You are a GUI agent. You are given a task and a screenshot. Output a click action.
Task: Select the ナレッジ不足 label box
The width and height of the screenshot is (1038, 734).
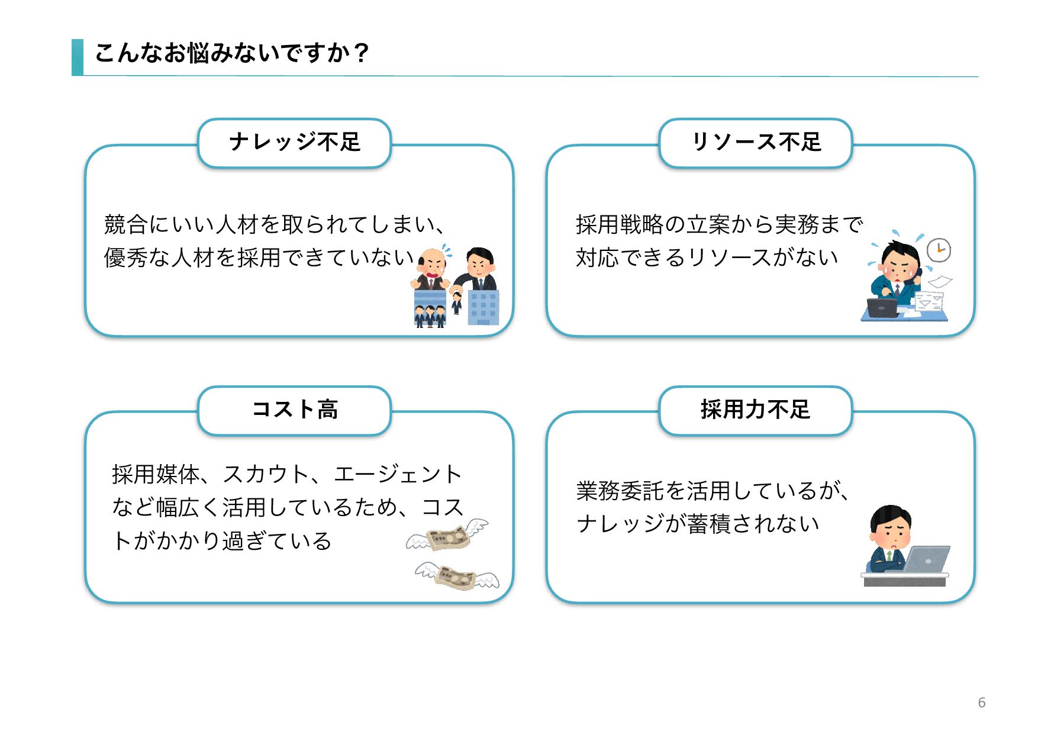click(294, 143)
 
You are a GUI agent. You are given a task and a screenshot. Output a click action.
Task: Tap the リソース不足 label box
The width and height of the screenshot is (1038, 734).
click(756, 143)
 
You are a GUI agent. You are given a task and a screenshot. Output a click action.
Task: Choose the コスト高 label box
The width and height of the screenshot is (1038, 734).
click(294, 410)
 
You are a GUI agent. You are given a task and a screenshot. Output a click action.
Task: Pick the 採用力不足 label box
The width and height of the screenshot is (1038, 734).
click(756, 410)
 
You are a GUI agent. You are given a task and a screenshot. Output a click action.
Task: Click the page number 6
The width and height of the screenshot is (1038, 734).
click(981, 703)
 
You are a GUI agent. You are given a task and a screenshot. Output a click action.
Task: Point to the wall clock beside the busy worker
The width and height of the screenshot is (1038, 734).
click(939, 250)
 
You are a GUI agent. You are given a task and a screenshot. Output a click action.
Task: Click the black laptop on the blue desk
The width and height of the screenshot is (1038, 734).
click(882, 308)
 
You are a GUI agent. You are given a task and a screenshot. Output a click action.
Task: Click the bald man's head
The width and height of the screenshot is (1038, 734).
click(432, 260)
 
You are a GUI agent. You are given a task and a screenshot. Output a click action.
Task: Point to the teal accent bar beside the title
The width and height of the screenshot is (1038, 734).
click(78, 57)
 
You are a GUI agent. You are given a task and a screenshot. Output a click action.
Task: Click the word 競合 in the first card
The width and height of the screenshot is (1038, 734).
click(125, 225)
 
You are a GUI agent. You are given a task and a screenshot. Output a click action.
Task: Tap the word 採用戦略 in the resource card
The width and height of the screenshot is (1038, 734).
click(620, 225)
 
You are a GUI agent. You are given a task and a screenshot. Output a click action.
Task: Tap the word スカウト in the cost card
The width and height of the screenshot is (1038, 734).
click(265, 474)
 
